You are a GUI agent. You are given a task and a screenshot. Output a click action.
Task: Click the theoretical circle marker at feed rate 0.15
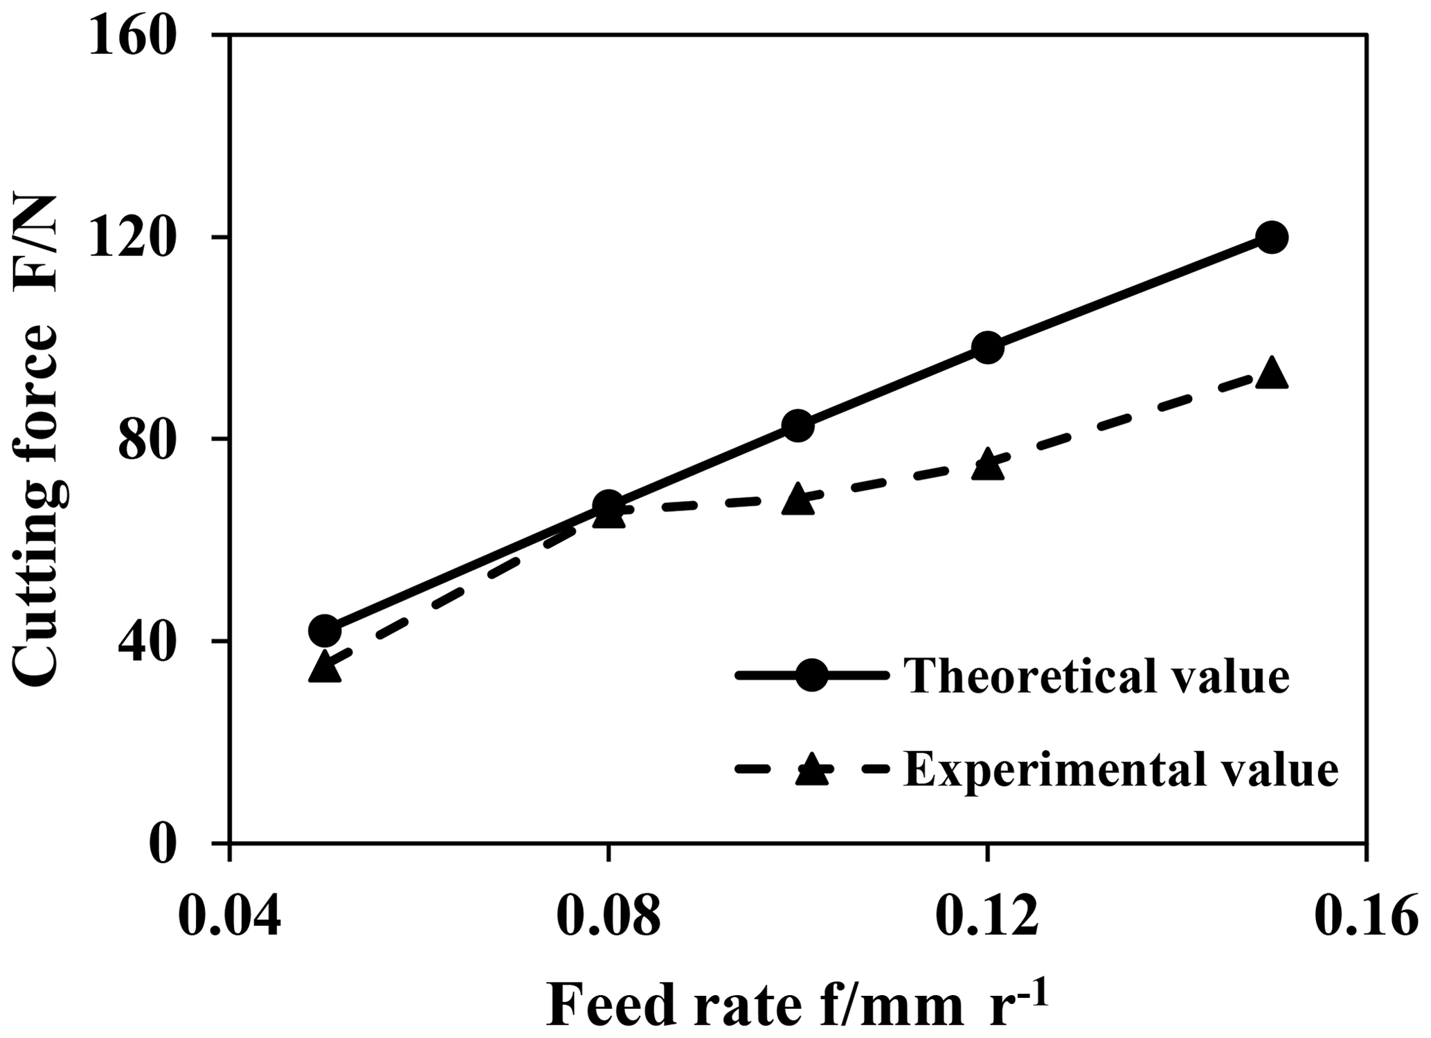coord(1271,237)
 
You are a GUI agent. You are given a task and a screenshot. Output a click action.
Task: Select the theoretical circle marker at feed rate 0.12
coord(987,347)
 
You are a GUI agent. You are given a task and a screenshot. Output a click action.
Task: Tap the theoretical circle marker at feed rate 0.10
coord(798,426)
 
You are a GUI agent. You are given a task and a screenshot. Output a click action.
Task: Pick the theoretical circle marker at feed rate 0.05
coord(325,630)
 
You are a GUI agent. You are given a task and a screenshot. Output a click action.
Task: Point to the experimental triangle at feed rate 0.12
coord(987,465)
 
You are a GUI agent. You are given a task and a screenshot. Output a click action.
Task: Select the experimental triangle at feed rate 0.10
coord(798,499)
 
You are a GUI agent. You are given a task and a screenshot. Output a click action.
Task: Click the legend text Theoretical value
coord(1097,677)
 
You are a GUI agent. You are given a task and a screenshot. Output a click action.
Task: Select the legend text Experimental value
coord(1121,770)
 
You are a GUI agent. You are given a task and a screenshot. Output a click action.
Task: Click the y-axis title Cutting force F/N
coord(42,439)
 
